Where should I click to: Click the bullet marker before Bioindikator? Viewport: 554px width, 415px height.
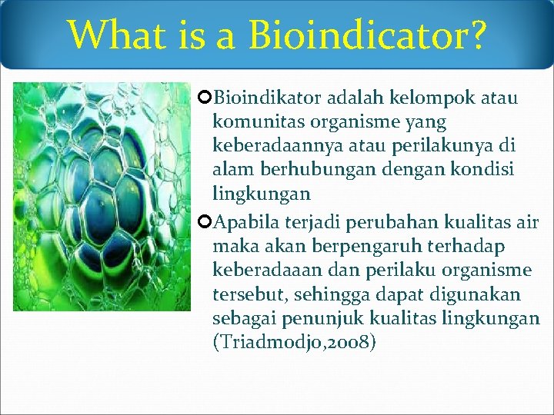point(205,98)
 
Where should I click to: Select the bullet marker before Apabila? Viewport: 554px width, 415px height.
point(205,223)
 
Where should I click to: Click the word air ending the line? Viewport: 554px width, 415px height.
point(527,223)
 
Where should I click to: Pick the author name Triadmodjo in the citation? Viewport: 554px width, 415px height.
point(266,342)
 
